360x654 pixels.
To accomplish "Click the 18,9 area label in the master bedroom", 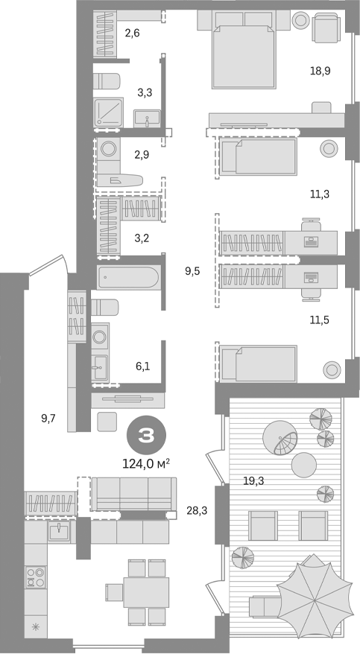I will (321, 71).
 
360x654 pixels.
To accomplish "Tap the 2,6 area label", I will (132, 33).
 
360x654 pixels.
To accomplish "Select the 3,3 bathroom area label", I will (145, 92).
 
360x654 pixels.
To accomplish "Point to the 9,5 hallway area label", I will (192, 271).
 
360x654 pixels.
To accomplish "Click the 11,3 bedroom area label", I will (320, 194).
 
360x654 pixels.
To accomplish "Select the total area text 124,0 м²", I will (145, 463).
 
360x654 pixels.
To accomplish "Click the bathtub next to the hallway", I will (128, 279).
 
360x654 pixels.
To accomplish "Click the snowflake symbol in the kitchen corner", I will (34, 626).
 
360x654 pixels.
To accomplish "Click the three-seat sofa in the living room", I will (134, 493).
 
